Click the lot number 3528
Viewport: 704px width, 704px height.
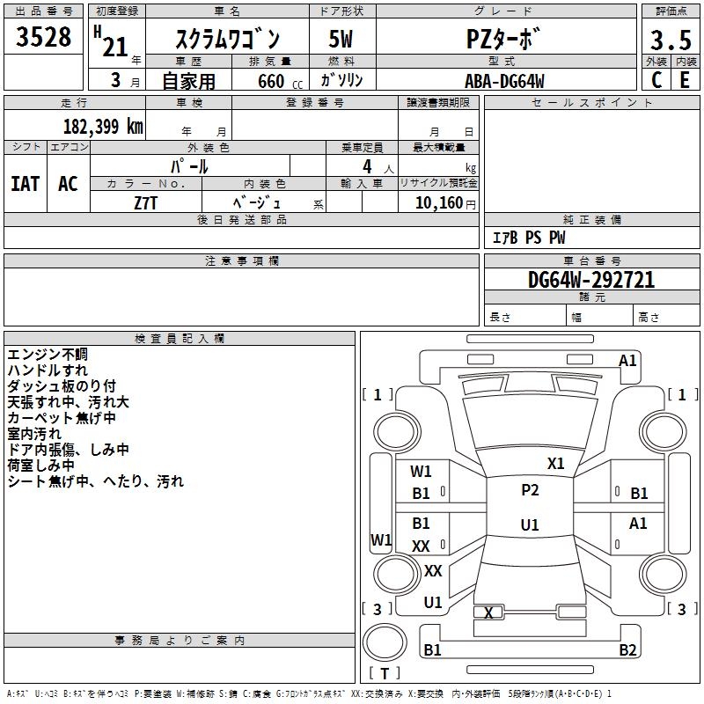tap(43, 37)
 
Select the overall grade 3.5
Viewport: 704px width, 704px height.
tap(671, 40)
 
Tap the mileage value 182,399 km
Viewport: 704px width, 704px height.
tap(103, 127)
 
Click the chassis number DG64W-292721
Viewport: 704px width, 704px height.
tap(591, 280)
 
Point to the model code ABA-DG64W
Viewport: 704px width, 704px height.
tap(504, 81)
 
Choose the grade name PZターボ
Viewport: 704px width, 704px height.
tap(502, 39)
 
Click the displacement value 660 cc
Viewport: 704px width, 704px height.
tap(280, 82)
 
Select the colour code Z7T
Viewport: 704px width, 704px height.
tap(145, 203)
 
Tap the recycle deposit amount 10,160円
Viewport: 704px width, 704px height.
tap(445, 203)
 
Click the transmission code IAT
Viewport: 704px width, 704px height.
tap(26, 184)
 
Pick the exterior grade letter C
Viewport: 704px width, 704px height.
tap(656, 80)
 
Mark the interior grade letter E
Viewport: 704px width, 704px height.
tap(685, 80)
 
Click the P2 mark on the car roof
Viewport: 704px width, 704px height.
tap(530, 490)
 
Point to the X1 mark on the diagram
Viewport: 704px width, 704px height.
tap(555, 464)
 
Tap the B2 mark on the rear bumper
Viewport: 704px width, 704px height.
tap(627, 649)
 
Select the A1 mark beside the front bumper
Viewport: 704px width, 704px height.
tap(627, 361)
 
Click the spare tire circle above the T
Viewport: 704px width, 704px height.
tap(385, 642)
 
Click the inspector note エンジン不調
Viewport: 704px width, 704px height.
tap(48, 355)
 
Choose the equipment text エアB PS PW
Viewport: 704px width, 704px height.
tap(529, 238)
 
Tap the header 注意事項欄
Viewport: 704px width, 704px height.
tap(242, 260)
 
